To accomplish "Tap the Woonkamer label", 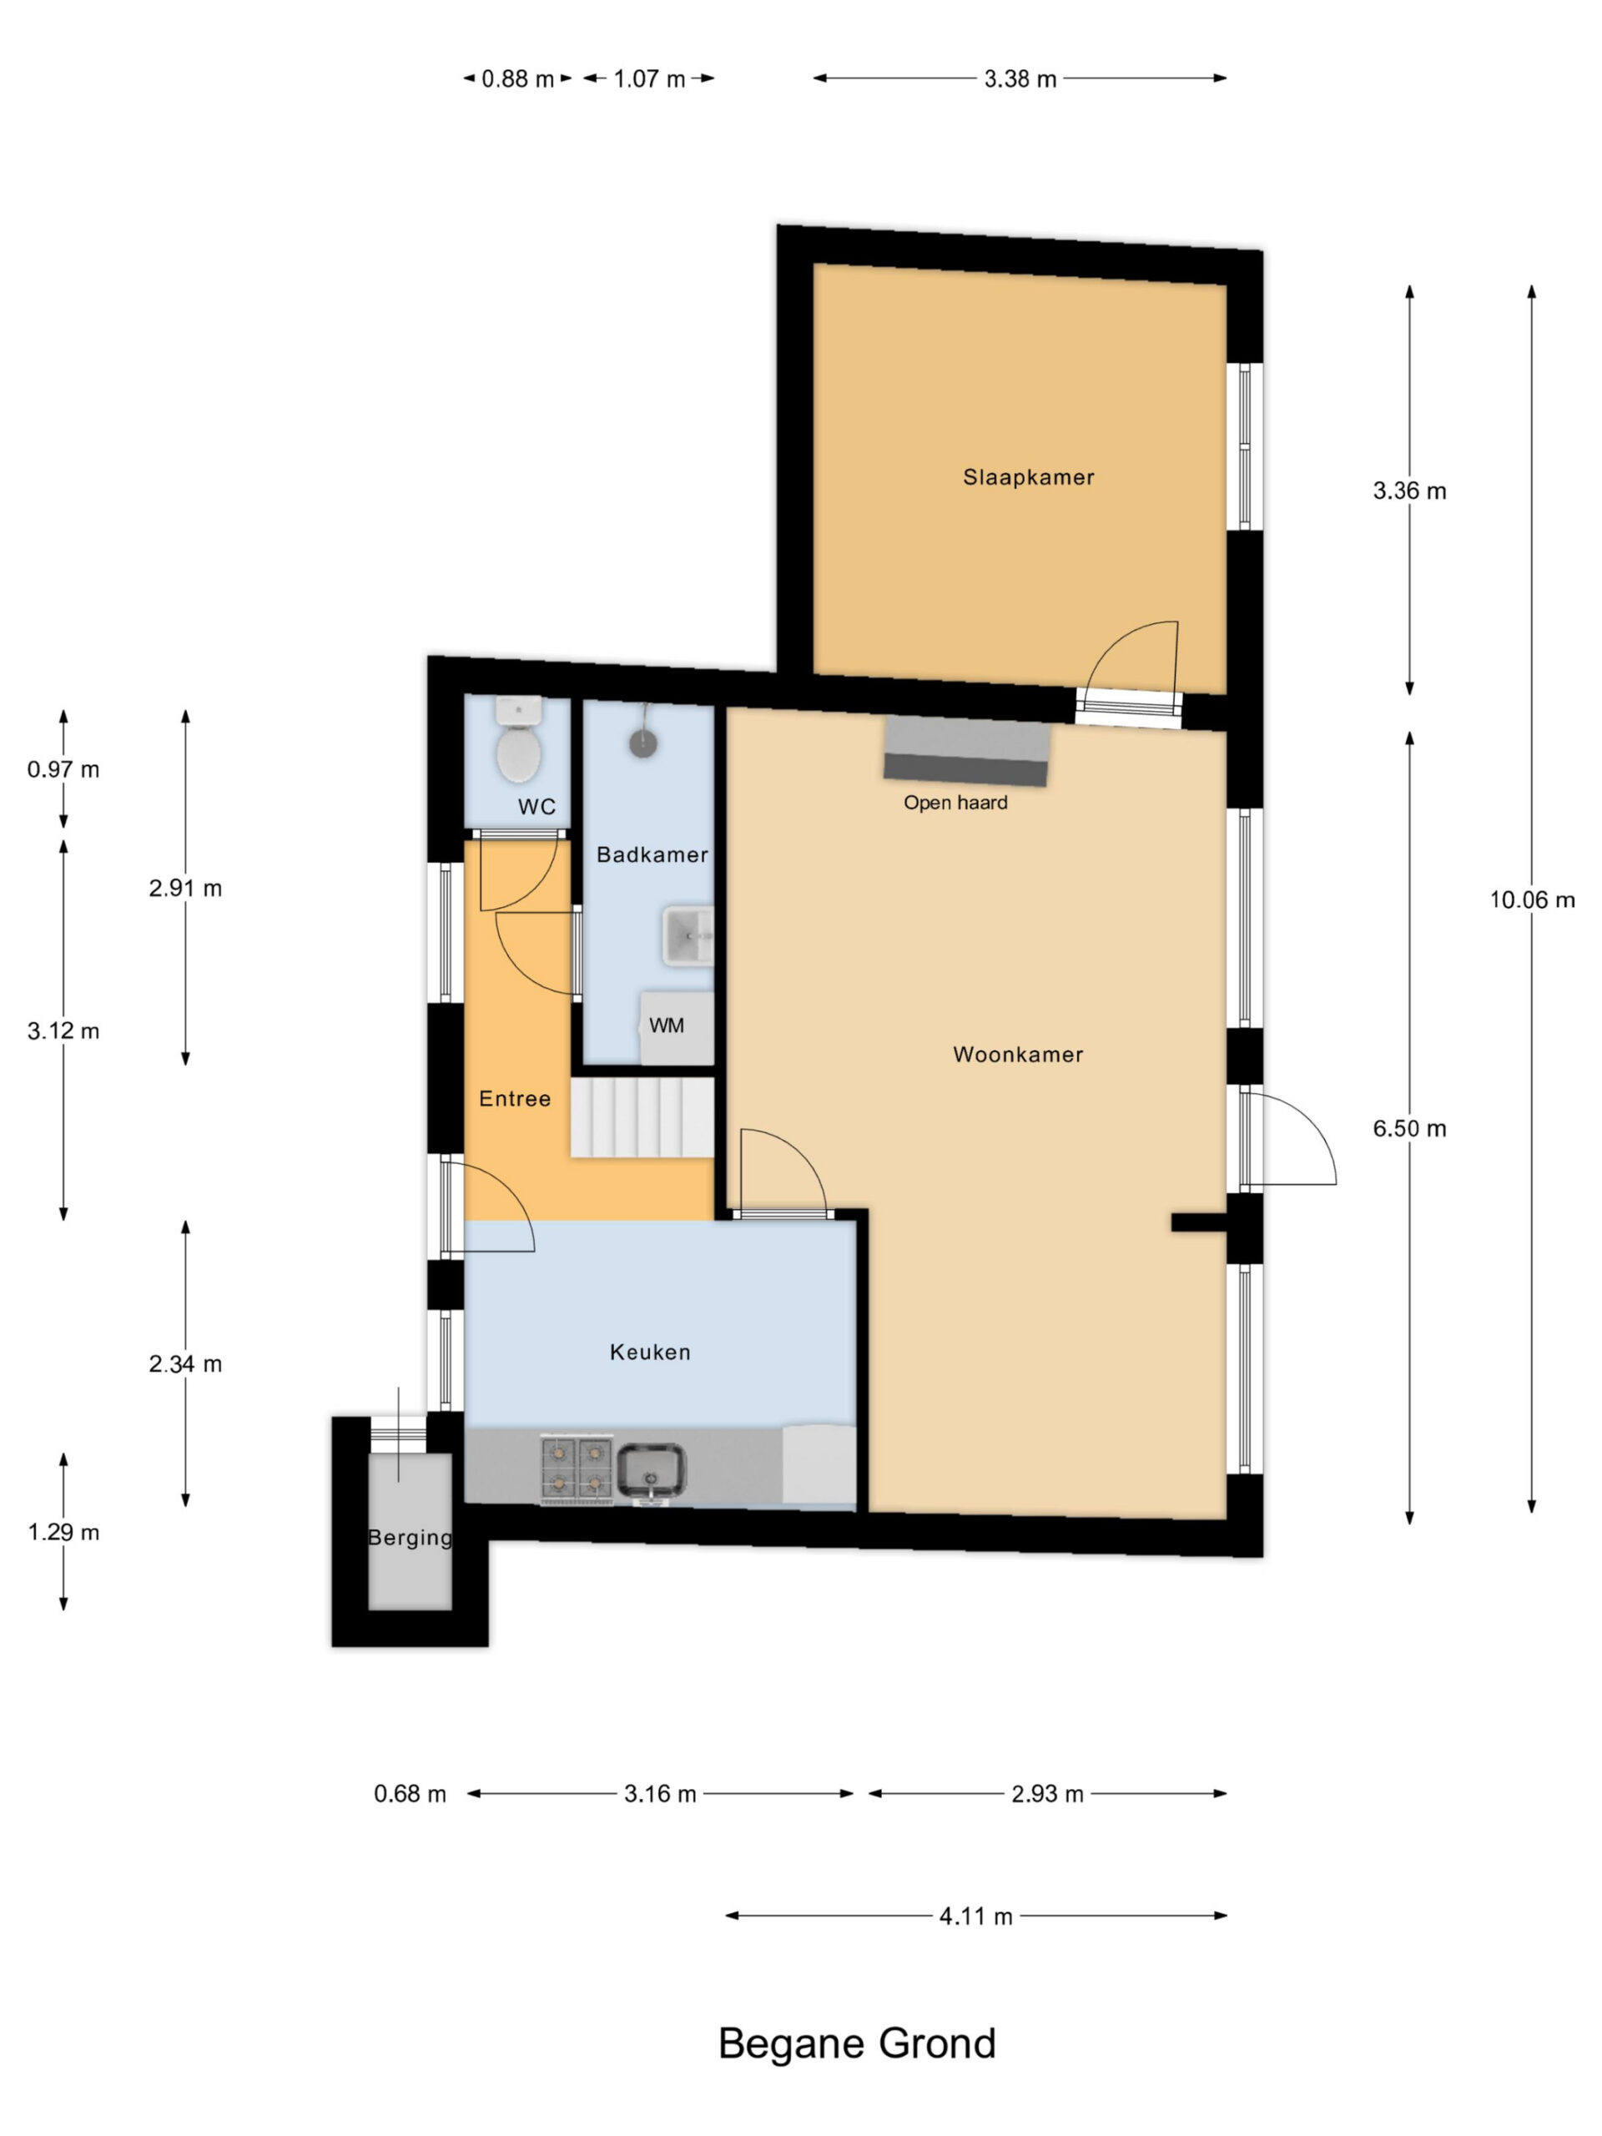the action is (x=1018, y=1055).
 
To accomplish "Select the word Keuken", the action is (x=650, y=1352).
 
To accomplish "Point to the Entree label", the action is (x=515, y=1099).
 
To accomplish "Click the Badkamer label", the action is (x=652, y=854).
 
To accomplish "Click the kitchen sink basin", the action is (x=651, y=1469).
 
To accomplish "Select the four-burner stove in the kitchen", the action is (x=577, y=1468).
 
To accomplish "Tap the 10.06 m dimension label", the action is (x=1532, y=900).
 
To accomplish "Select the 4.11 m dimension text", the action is (x=975, y=1917).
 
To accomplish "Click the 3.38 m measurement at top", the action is (x=1020, y=79).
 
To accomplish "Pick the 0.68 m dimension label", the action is (x=410, y=1794).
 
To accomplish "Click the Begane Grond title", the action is (x=857, y=2043).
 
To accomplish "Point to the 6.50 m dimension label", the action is (x=1409, y=1128).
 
